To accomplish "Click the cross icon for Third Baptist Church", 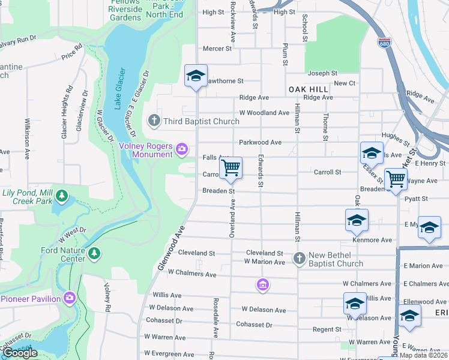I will (154, 121).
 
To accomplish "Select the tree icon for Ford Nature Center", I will (94, 254).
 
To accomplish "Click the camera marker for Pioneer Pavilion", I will (70, 298).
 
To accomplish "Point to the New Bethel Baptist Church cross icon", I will (299, 258).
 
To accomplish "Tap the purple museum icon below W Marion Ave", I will (262, 284).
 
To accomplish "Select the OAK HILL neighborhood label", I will (309, 89).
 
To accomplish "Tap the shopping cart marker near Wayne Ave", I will (396, 179).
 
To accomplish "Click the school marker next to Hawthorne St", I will (196, 76).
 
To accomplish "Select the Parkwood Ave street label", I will (260, 143).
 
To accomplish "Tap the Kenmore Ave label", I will (372, 240).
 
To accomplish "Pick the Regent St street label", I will (327, 329).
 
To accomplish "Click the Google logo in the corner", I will (20, 353).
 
